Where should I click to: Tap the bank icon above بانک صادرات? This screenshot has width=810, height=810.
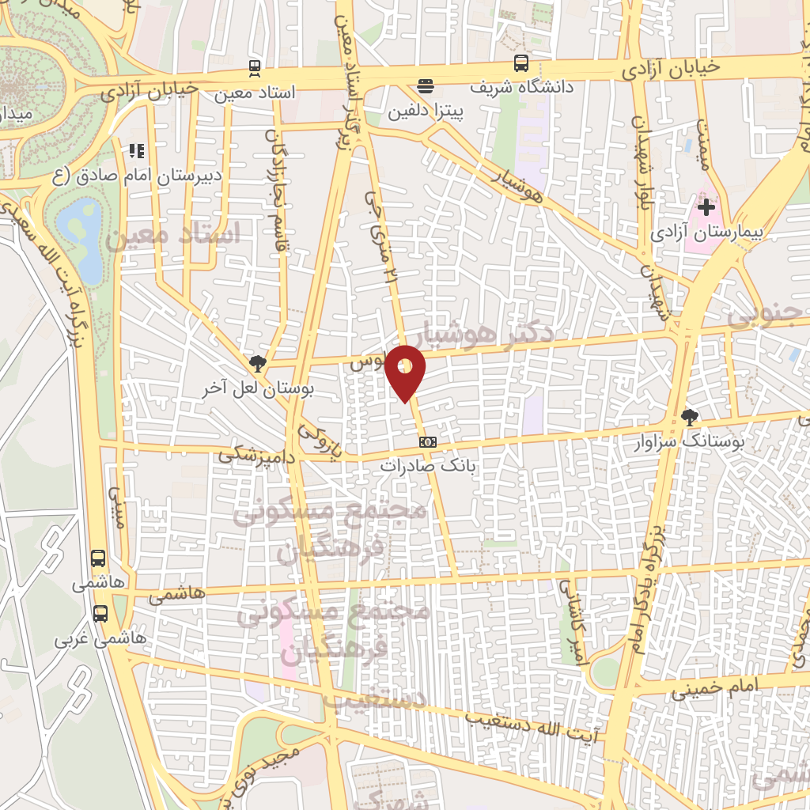(x=428, y=441)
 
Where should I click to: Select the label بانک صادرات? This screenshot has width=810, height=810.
(x=428, y=466)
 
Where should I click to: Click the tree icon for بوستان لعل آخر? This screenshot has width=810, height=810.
(x=257, y=364)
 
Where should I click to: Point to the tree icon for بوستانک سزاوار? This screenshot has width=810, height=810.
(x=690, y=417)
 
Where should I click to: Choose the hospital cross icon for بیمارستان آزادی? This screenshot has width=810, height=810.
(x=706, y=208)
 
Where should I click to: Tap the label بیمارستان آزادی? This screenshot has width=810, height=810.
(x=706, y=233)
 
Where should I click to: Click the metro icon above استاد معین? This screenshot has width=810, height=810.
(x=255, y=68)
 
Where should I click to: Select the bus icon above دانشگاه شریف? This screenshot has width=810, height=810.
(x=521, y=63)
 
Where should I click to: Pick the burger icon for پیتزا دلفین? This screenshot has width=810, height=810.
(x=426, y=86)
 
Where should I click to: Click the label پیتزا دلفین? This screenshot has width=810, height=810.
(x=425, y=112)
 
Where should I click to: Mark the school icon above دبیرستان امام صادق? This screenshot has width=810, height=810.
(x=137, y=150)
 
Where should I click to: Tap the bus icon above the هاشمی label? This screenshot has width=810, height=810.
(x=98, y=558)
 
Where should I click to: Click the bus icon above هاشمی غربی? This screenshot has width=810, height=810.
(x=100, y=613)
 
